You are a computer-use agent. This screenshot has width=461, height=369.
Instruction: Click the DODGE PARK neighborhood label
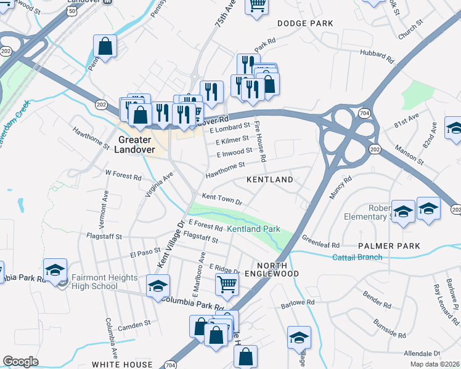pyautogui.click(x=305, y=23)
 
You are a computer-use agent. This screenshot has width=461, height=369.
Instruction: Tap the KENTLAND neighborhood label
pyautogui.click(x=269, y=180)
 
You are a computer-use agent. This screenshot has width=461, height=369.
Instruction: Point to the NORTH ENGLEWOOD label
pyautogui.click(x=271, y=268)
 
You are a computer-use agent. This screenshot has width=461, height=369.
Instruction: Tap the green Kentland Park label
pyautogui.click(x=253, y=229)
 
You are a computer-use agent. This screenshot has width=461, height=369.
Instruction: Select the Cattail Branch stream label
pyautogui.click(x=357, y=257)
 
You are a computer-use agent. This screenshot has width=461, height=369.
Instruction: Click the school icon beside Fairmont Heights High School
pyautogui.click(x=55, y=270)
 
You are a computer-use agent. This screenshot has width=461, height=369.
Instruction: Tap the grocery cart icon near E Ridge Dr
pyautogui.click(x=227, y=285)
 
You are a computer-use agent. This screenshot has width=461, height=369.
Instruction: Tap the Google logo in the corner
pyautogui.click(x=20, y=362)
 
